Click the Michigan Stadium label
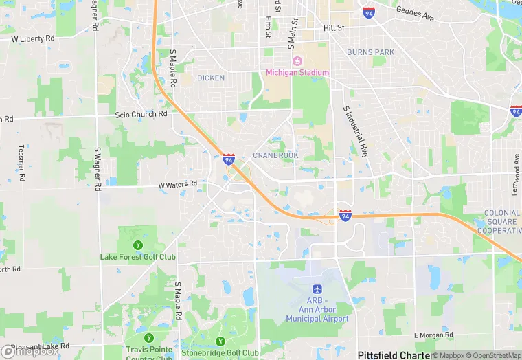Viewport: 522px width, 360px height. click(298, 73)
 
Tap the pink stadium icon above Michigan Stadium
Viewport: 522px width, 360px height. click(297, 62)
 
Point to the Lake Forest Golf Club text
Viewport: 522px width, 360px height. click(138, 257)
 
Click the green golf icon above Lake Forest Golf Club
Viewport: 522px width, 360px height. click(138, 245)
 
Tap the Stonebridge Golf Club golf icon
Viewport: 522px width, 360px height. click(220, 341)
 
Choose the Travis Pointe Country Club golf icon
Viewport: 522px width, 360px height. click(149, 337)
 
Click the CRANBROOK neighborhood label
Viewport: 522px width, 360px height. click(275, 155)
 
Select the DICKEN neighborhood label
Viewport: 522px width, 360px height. click(211, 78)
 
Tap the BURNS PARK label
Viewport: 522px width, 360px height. click(370, 52)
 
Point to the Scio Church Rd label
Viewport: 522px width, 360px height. click(141, 114)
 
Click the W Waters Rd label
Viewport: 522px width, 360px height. click(177, 184)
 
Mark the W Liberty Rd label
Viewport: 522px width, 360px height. click(33, 39)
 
